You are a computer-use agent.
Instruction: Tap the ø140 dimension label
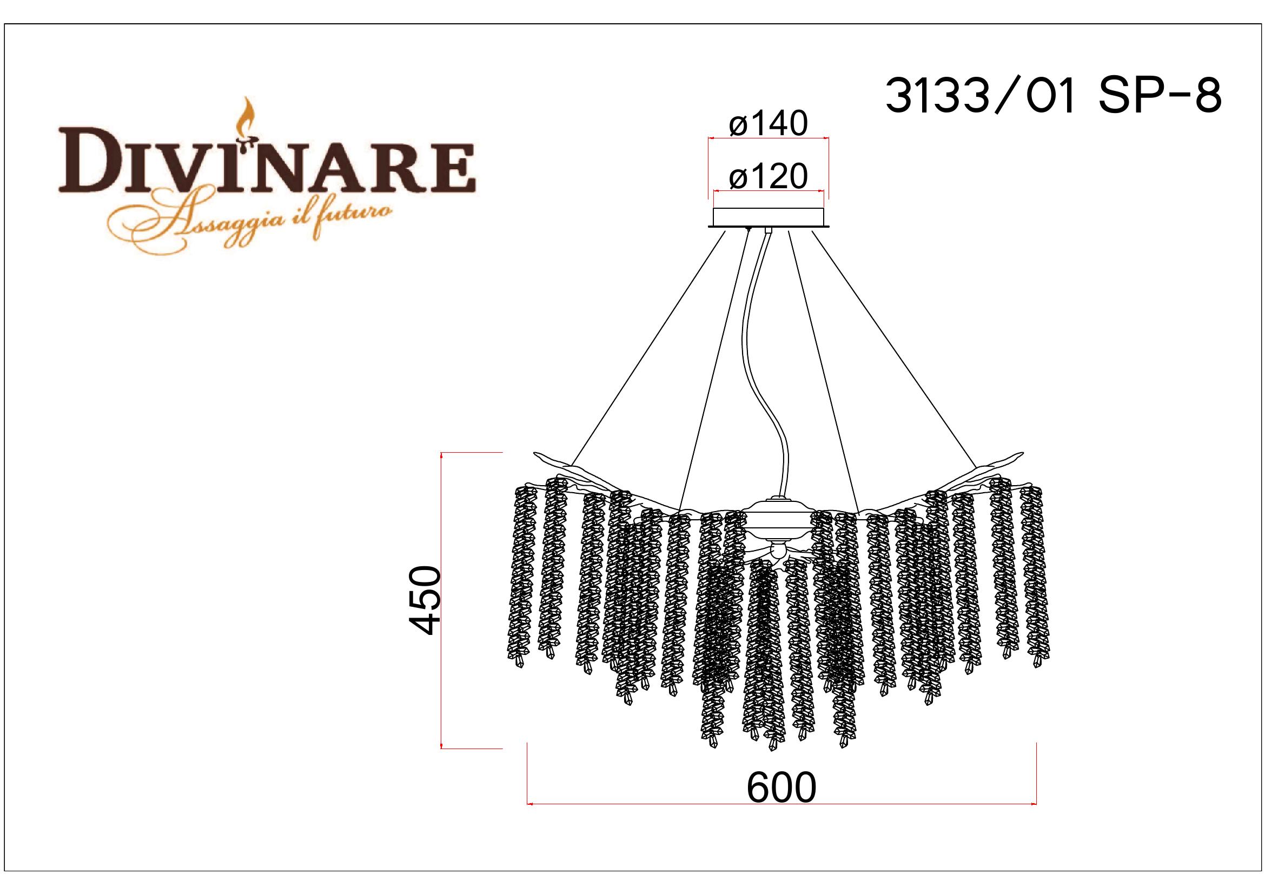[768, 124]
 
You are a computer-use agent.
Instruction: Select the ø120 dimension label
[768, 177]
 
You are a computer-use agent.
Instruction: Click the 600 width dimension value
[781, 788]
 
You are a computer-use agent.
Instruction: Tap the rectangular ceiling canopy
[769, 217]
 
